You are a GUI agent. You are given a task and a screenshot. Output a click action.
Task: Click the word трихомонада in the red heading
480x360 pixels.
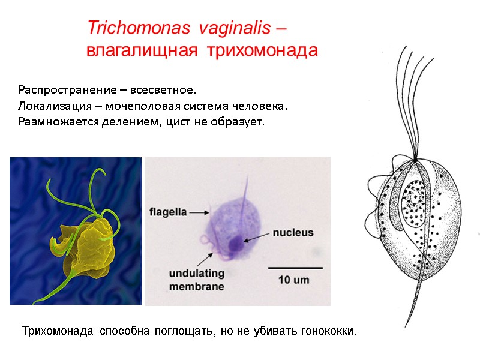262,51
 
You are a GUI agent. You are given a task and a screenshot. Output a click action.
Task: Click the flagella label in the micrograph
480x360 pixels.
167,211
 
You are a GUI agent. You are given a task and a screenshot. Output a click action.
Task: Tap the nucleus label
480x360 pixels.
293,232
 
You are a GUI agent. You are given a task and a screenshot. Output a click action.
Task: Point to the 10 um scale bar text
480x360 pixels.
295,279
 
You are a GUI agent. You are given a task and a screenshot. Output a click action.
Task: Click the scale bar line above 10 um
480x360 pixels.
295,267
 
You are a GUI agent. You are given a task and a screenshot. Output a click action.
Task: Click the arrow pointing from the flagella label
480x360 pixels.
199,212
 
